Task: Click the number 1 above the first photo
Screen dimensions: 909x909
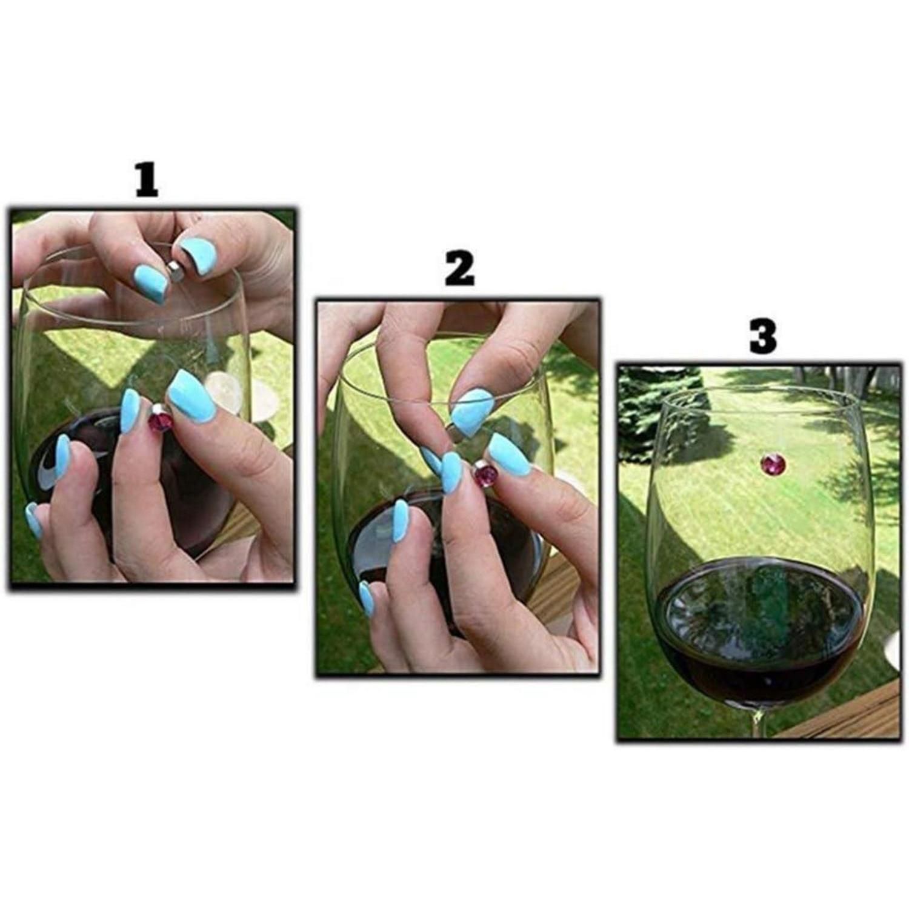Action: pos(147,179)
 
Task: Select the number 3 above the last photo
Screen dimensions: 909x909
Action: pos(763,337)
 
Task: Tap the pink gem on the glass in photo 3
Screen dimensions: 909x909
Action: pos(773,464)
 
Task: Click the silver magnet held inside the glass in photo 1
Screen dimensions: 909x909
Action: pos(176,271)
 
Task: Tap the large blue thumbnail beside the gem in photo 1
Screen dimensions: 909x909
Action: pos(191,397)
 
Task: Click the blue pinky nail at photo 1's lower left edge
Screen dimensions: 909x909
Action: pos(34,520)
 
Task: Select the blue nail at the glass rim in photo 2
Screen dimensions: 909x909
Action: pos(471,411)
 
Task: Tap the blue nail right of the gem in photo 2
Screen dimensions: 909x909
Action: pos(510,454)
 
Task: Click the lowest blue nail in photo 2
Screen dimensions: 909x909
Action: pos(367,599)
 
